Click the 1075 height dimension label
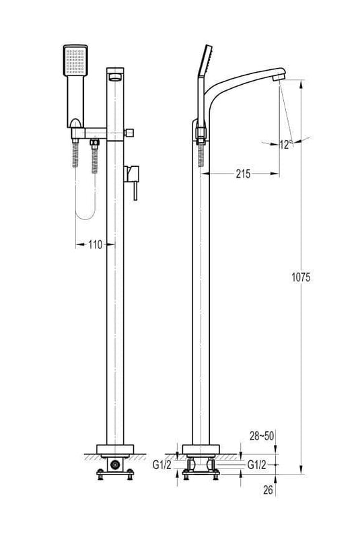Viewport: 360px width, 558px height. tap(301, 277)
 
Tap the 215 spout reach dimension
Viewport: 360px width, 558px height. tap(243, 174)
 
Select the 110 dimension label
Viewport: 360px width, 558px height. tap(95, 244)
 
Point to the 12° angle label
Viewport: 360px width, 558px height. tap(286, 145)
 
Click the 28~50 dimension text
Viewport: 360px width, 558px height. tap(262, 436)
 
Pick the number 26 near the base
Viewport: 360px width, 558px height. tap(268, 490)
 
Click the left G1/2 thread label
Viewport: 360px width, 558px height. tap(162, 464)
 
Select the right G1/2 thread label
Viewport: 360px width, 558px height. tap(256, 464)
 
